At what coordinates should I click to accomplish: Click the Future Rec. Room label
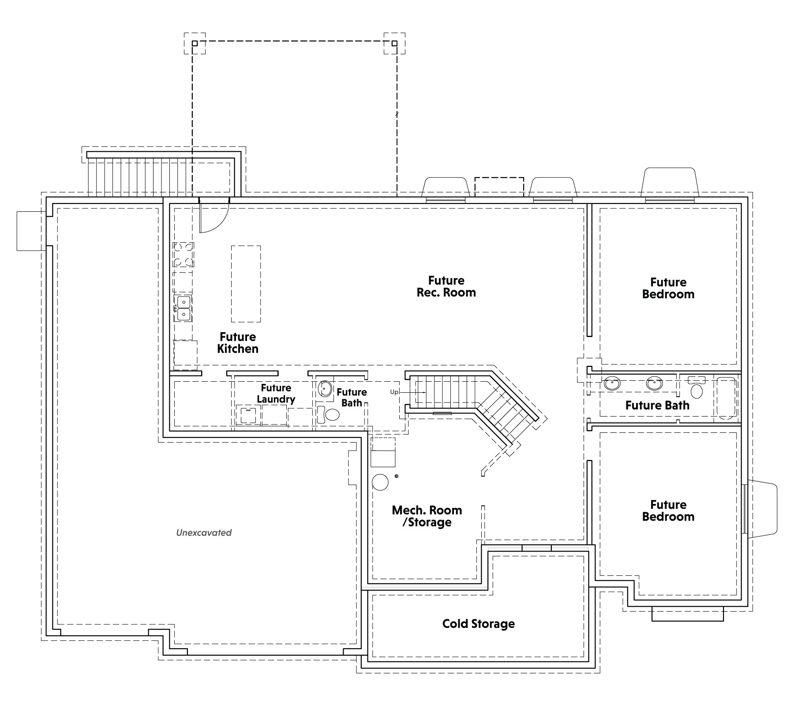tap(446, 286)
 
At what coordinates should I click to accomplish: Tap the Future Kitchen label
tap(238, 343)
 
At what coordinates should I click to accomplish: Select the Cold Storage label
tap(479, 623)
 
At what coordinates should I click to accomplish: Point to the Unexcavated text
tap(204, 533)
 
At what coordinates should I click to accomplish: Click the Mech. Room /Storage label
tap(427, 516)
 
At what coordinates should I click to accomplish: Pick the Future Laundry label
tap(276, 394)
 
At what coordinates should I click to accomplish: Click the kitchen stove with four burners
tap(184, 255)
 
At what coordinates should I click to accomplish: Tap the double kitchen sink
tap(183, 308)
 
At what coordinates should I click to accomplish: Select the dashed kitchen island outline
tap(246, 284)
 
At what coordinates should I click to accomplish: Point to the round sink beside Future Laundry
tap(326, 389)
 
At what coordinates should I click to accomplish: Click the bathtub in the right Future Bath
tap(727, 398)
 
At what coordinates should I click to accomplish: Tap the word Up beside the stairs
tap(394, 392)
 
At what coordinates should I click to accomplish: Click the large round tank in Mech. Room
tap(380, 482)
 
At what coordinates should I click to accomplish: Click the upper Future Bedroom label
tap(668, 288)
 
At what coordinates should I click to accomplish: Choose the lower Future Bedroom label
tap(668, 511)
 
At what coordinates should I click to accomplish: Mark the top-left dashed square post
tap(195, 43)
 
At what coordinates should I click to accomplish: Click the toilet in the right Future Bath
tap(697, 387)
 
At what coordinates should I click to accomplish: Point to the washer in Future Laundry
tap(248, 415)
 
